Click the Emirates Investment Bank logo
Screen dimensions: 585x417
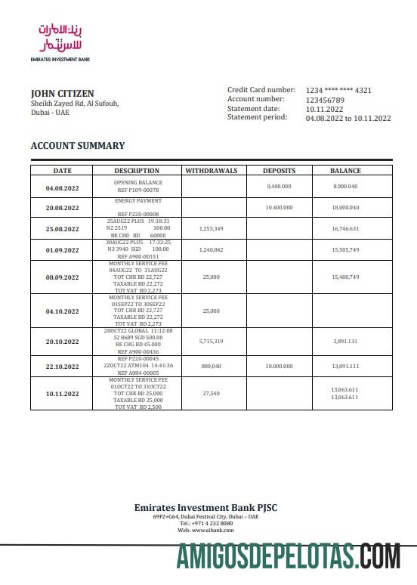coord(57,41)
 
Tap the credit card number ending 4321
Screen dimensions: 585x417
coord(338,91)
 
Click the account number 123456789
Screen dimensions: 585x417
coord(325,100)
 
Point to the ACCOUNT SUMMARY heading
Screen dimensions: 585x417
coord(77,146)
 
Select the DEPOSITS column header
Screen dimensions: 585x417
coord(279,171)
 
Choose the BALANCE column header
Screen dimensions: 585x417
coord(345,171)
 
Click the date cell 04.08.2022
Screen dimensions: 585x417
coord(62,187)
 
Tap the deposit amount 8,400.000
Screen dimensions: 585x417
coord(279,186)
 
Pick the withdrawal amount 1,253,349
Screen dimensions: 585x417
coord(211,228)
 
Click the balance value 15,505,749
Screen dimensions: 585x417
coord(345,249)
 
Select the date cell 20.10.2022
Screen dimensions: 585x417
coord(62,341)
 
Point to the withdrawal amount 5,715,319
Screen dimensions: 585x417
coord(211,342)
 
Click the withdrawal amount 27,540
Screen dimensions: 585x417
coord(211,394)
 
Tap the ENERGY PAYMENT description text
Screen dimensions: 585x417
coord(138,201)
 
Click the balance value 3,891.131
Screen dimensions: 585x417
coord(345,342)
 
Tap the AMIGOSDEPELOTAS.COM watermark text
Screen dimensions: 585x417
coord(288,557)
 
